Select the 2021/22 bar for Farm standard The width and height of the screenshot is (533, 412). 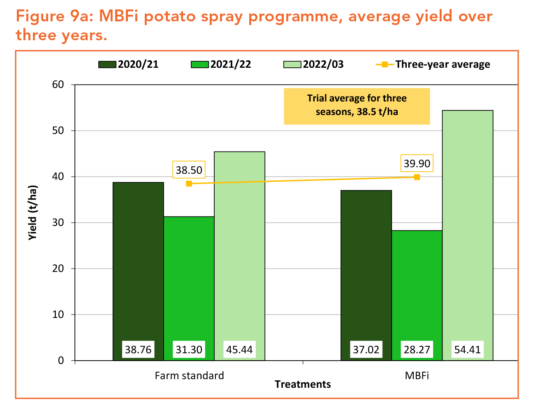point(189,283)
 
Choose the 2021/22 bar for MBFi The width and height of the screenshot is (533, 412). point(417,288)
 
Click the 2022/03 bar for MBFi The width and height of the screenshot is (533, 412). point(467,230)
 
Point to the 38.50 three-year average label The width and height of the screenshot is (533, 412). point(189,170)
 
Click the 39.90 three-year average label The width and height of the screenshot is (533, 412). point(417,163)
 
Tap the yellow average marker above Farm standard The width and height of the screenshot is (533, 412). point(189,184)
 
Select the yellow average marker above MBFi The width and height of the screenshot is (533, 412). point(417,177)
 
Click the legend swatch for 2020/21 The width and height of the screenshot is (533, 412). point(107,64)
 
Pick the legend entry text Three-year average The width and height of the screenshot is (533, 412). point(443,64)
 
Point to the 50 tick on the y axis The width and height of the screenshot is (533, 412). point(58,131)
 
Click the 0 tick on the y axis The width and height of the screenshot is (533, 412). point(61,361)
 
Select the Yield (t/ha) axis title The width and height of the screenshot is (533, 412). point(33,214)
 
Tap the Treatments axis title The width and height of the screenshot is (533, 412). point(303,384)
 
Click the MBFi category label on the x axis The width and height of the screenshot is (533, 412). point(417,375)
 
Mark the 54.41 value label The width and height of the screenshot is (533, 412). point(467,350)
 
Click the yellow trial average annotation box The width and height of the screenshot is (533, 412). point(357,106)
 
